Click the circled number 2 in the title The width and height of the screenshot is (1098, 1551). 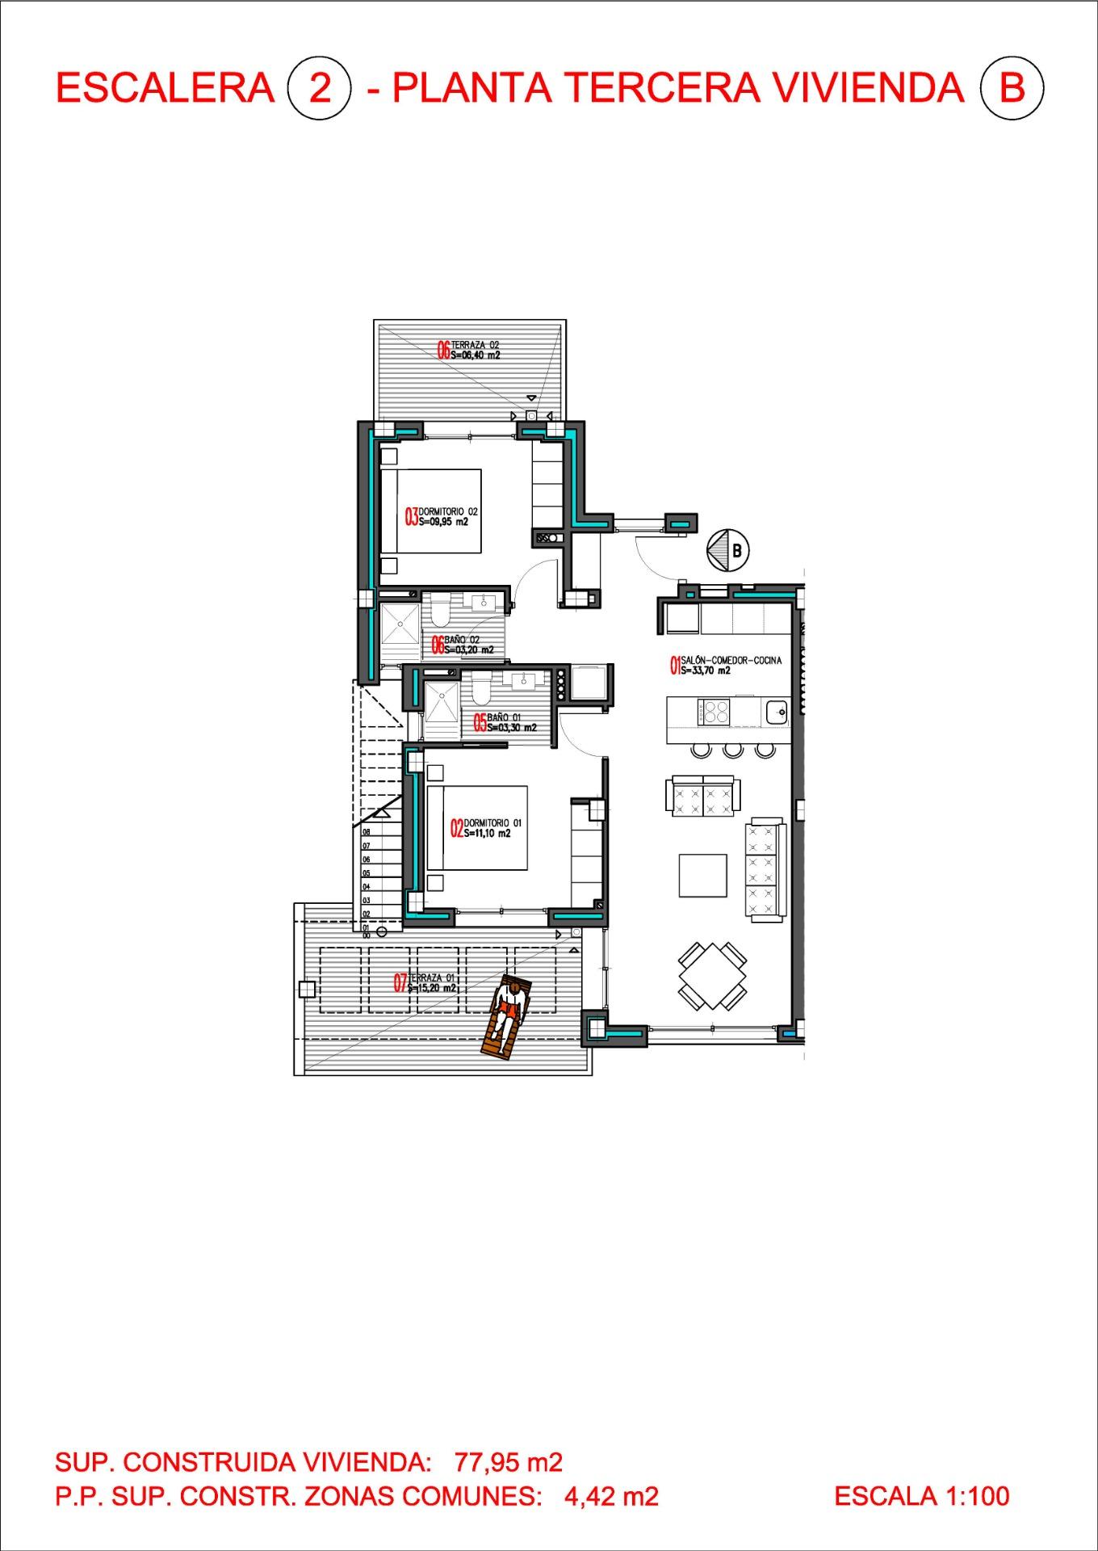(320, 87)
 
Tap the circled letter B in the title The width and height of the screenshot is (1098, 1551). (1011, 87)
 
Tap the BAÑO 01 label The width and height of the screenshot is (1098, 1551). (505, 721)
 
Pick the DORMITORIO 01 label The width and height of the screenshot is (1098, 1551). (486, 828)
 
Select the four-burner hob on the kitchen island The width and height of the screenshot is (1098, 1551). (716, 712)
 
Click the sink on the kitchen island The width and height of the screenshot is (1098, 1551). (777, 712)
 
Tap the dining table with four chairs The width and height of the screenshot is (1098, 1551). (712, 976)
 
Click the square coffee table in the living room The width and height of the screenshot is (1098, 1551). (702, 876)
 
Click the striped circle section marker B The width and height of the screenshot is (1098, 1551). (727, 551)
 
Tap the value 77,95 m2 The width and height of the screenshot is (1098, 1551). (508, 1461)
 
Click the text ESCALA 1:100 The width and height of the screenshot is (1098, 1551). (921, 1496)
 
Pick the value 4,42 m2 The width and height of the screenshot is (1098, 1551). (611, 1496)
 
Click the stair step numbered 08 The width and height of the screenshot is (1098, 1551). (367, 831)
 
